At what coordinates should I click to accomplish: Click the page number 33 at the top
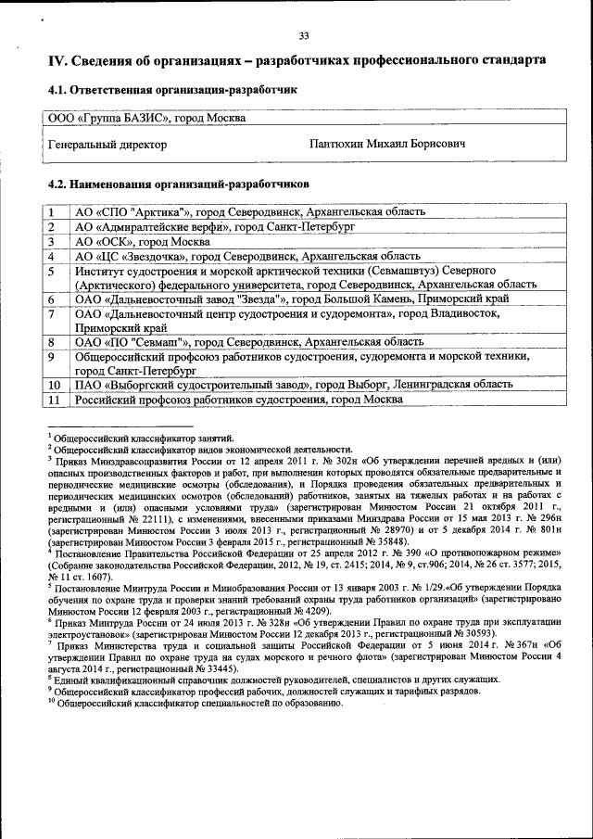(x=303, y=36)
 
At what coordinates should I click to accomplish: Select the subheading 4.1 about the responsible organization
(x=171, y=91)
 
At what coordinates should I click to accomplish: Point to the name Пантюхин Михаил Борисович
(x=387, y=145)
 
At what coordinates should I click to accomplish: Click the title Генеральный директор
(x=107, y=145)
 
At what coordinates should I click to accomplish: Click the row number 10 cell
(x=54, y=384)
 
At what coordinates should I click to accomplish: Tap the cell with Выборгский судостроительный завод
(x=293, y=384)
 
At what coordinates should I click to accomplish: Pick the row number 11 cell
(x=54, y=399)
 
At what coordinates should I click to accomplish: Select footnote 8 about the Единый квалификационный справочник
(x=274, y=679)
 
